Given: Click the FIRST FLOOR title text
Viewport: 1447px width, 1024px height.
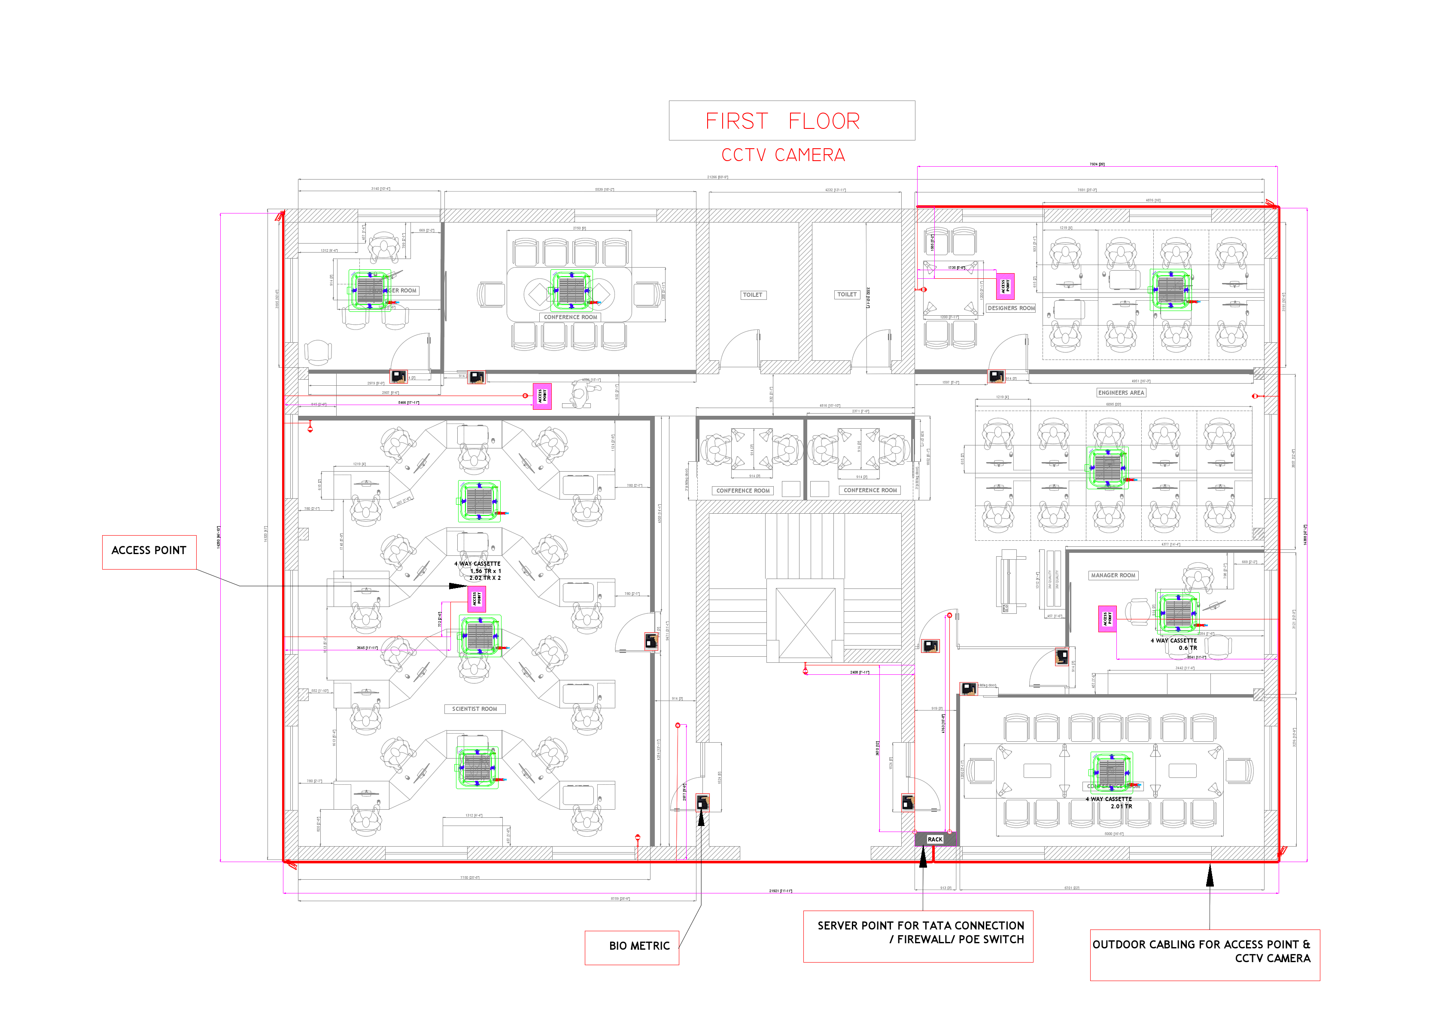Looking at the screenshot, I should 782,121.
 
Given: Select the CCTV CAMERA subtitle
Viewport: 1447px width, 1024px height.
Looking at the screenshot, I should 783,155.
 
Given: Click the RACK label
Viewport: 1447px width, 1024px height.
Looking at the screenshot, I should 935,839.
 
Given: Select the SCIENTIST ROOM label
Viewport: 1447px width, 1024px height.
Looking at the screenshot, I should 474,709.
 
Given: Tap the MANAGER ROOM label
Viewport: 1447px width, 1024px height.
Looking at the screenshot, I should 1113,576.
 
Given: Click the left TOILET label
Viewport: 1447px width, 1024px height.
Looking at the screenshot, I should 753,295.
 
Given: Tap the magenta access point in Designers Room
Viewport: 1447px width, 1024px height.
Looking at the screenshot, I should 1005,286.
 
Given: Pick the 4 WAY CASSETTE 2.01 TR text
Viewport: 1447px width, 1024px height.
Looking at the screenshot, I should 1109,803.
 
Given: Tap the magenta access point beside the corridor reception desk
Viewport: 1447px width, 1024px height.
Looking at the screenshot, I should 542,396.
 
